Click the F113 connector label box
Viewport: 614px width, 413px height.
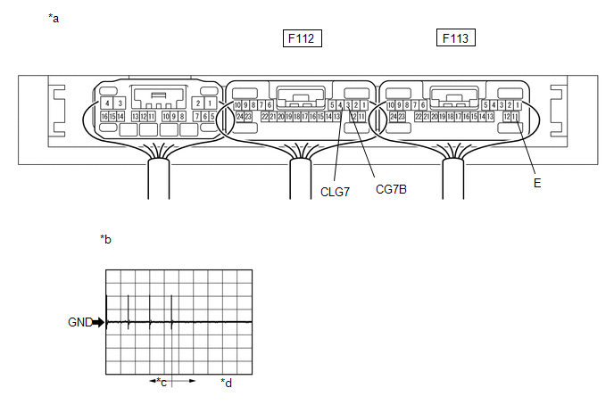pos(455,38)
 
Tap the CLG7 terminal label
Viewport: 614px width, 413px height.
pos(336,190)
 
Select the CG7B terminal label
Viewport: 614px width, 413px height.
pos(392,189)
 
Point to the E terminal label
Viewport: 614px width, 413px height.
pos(537,182)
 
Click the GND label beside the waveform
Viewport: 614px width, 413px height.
pos(79,322)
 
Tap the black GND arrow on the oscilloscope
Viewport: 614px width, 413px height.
pos(99,322)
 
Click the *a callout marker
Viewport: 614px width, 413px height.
pos(54,18)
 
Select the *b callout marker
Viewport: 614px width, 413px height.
pos(105,239)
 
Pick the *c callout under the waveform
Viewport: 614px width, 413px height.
pos(162,382)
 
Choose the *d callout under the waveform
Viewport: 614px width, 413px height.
pos(226,383)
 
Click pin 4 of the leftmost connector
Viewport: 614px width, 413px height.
pos(107,103)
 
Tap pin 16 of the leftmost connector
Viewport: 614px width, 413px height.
pos(104,117)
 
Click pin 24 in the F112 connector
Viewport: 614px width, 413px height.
pos(239,117)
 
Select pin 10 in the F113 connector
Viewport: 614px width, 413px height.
pos(391,105)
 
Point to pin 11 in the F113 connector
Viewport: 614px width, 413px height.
pos(515,117)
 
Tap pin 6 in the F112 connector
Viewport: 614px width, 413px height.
pos(270,105)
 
